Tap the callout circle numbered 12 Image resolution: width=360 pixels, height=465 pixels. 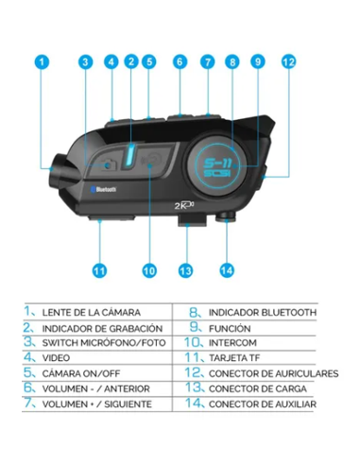pyautogui.click(x=288, y=62)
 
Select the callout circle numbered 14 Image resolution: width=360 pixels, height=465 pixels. pyautogui.click(x=226, y=269)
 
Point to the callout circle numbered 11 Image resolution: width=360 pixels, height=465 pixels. pyautogui.click(x=99, y=269)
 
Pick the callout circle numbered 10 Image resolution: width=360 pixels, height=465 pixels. pyautogui.click(x=148, y=269)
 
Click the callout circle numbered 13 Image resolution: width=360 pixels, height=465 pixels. pyautogui.click(x=186, y=269)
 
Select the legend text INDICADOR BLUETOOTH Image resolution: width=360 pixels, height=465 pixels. pyautogui.click(x=263, y=312)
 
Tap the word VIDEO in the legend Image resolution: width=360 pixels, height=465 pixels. pyautogui.click(x=58, y=357)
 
